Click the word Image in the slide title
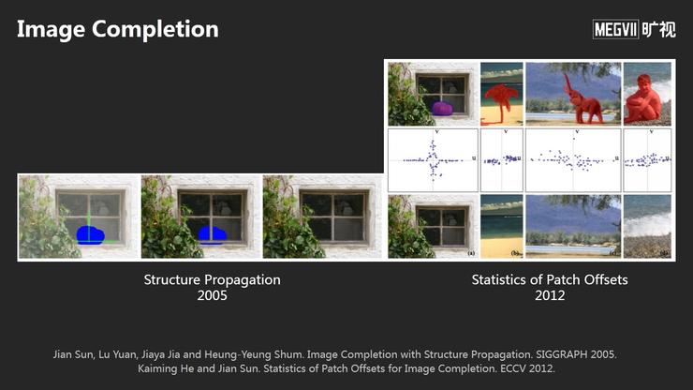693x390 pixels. pos(51,30)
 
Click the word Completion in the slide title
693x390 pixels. pos(155,29)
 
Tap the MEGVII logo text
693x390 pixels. pos(615,30)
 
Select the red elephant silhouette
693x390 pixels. pos(581,99)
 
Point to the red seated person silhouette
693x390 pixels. pos(642,99)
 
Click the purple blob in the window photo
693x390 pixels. pos(442,108)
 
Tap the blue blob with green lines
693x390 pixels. pos(90,234)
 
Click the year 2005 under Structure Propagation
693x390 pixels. pos(213,295)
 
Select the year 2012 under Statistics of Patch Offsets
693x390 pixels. pos(550,295)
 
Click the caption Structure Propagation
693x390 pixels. pos(213,279)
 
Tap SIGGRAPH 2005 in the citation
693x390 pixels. pos(576,354)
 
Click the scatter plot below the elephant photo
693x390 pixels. pos(573,160)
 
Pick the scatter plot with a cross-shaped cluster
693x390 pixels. pos(433,160)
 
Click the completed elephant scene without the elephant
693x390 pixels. pos(573,226)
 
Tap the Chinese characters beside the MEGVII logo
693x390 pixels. pos(658,30)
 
